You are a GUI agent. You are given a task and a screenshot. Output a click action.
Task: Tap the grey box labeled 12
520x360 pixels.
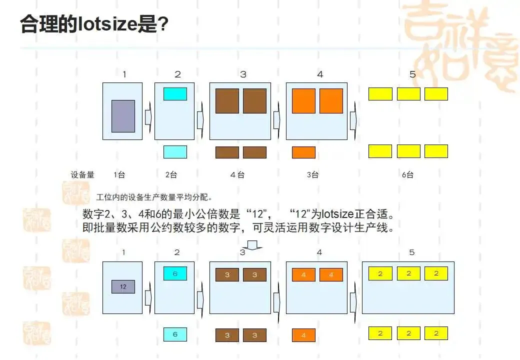tap(123, 286)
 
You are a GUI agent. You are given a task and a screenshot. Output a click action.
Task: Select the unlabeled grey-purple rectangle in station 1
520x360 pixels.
tap(123, 116)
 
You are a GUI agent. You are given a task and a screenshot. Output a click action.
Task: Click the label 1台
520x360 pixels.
tap(119, 175)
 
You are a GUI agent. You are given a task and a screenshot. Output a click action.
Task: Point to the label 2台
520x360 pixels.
tap(171, 175)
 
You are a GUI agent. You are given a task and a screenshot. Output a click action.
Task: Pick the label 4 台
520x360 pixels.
tap(237, 175)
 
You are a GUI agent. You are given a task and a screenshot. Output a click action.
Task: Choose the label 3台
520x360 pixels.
tap(313, 175)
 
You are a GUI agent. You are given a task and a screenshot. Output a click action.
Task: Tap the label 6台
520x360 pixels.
tap(407, 175)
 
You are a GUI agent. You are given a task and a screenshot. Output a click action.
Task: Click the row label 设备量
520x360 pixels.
tap(82, 175)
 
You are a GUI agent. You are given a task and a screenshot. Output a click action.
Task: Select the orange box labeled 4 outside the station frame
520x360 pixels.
tap(303, 335)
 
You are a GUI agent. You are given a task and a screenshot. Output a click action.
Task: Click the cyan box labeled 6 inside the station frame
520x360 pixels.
tap(175, 273)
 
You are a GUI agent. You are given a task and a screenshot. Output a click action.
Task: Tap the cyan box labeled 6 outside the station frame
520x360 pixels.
tap(175, 334)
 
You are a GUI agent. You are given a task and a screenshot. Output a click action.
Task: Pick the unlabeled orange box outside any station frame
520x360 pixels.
tap(303, 152)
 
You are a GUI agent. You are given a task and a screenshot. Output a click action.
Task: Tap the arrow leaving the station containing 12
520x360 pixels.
tap(148, 298)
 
